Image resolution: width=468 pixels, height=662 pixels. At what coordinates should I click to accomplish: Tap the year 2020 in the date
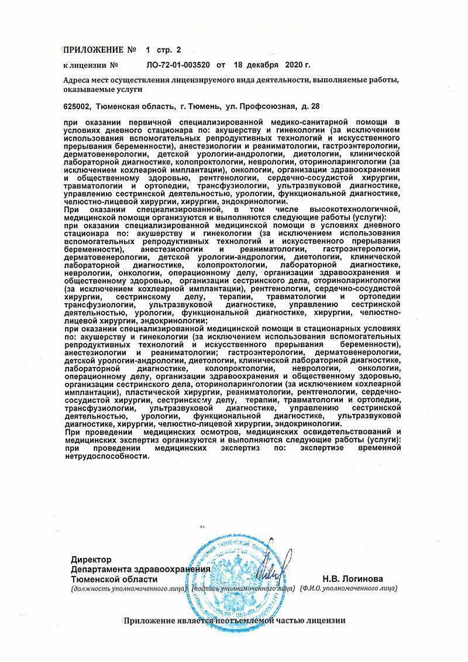point(295,65)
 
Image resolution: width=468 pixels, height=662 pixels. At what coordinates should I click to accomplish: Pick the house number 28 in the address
point(315,106)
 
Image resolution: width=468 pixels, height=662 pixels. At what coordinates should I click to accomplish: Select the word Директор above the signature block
point(91,560)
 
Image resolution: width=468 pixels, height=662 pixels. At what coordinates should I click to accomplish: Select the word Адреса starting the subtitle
point(78,80)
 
